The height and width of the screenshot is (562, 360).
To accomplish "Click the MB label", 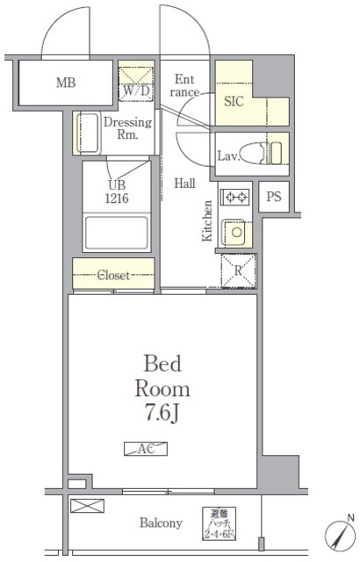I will pyautogui.click(x=66, y=84).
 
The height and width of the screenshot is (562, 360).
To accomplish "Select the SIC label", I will pyautogui.click(x=233, y=102).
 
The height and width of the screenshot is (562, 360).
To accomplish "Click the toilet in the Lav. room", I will pyautogui.click(x=255, y=151).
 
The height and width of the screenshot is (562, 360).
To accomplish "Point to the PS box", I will pyautogui.click(x=274, y=198).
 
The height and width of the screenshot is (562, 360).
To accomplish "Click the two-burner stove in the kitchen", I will pyautogui.click(x=235, y=198).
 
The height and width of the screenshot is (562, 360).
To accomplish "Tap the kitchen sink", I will pyautogui.click(x=234, y=232).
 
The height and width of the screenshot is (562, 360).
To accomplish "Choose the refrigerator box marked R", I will pyautogui.click(x=237, y=270).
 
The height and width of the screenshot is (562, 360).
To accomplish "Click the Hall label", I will pyautogui.click(x=184, y=184).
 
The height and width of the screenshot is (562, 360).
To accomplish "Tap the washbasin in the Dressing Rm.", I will pyautogui.click(x=88, y=133).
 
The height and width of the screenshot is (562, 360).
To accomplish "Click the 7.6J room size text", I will pyautogui.click(x=162, y=411).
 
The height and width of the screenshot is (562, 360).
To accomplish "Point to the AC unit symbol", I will pyautogui.click(x=146, y=449).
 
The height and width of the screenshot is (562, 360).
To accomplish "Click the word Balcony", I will pyautogui.click(x=162, y=523).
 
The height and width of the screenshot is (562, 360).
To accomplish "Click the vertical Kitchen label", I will pyautogui.click(x=207, y=221).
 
